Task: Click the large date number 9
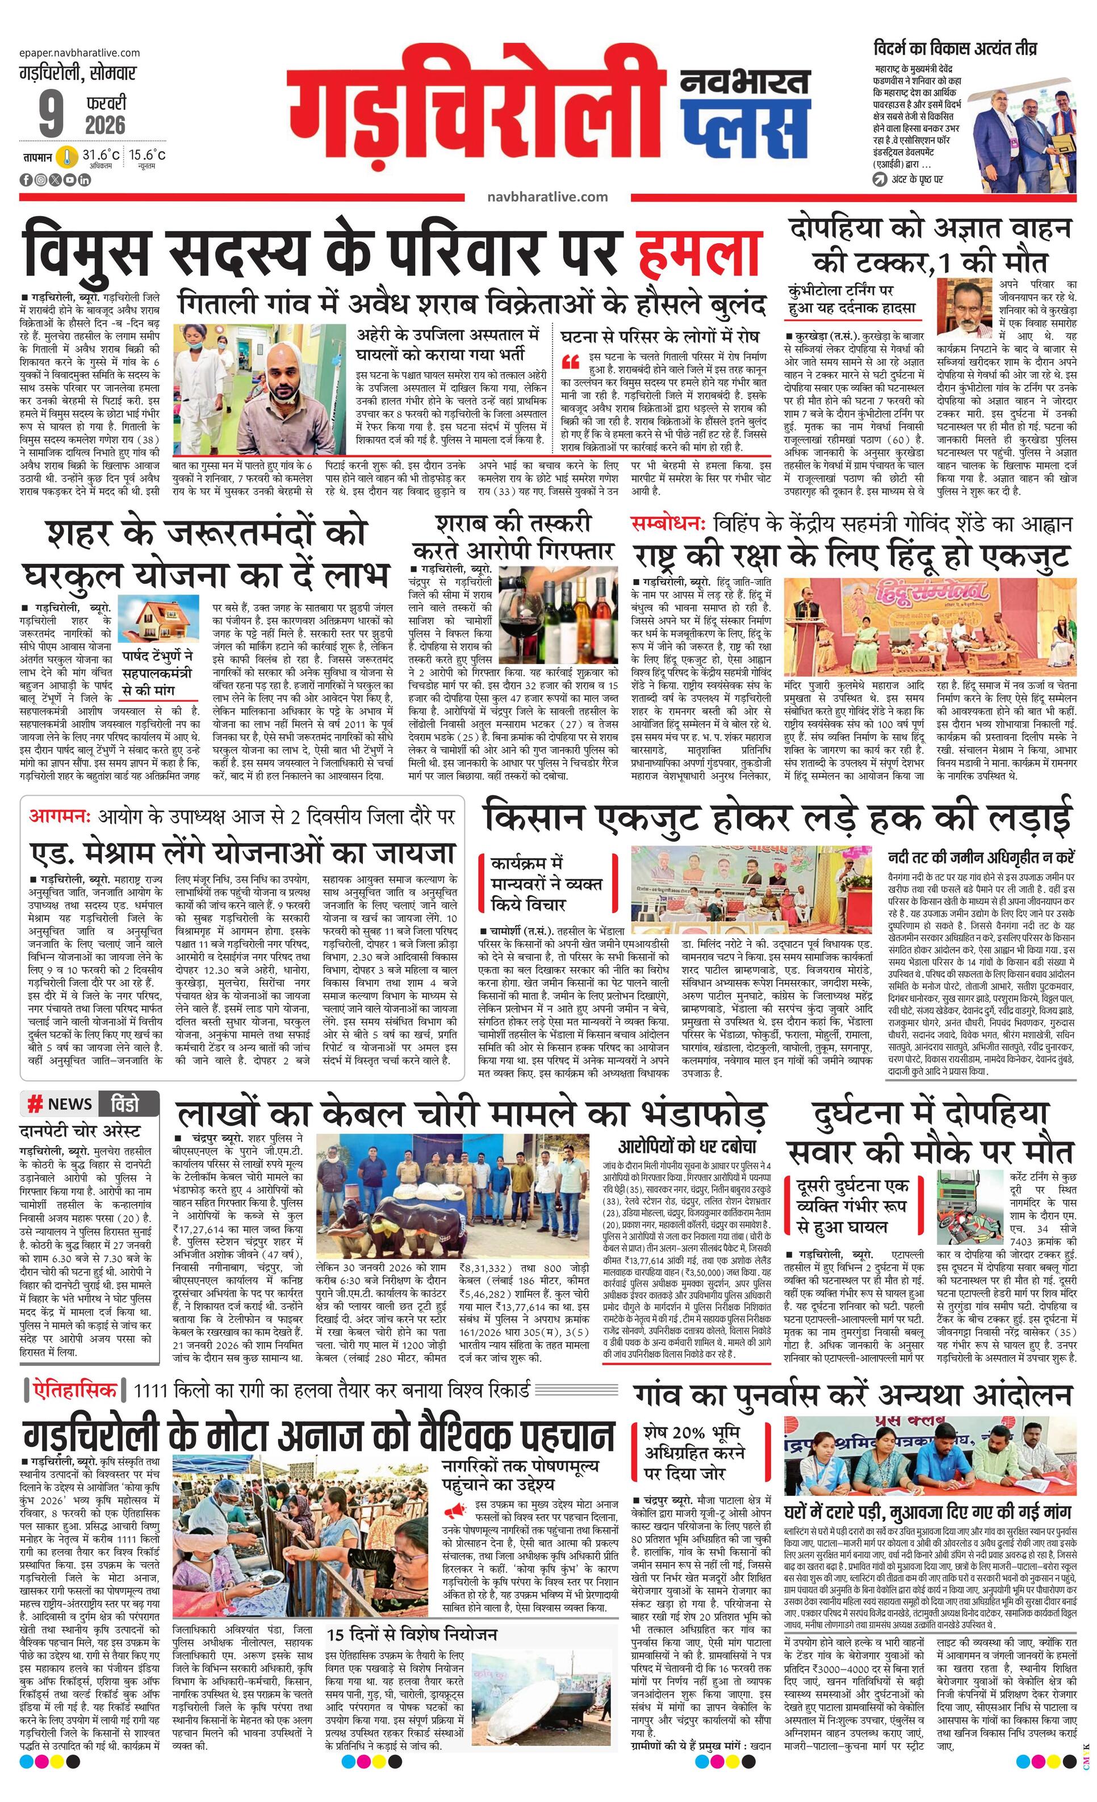(50, 115)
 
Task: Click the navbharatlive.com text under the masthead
(547, 196)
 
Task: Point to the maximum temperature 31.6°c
(100, 155)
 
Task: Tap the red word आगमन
(58, 816)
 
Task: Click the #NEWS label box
(61, 1103)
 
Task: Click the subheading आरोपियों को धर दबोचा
(686, 1146)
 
